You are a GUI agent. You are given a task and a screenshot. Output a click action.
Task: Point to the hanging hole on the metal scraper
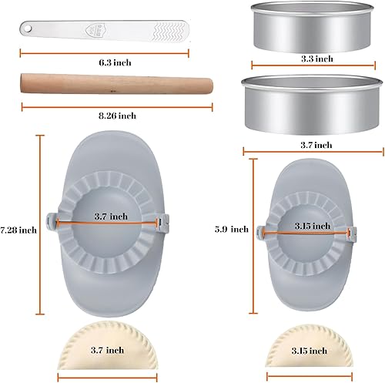(25, 26)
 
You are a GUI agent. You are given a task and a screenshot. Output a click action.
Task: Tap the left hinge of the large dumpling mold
(49, 222)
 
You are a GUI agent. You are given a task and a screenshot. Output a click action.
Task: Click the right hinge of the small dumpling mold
(352, 230)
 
